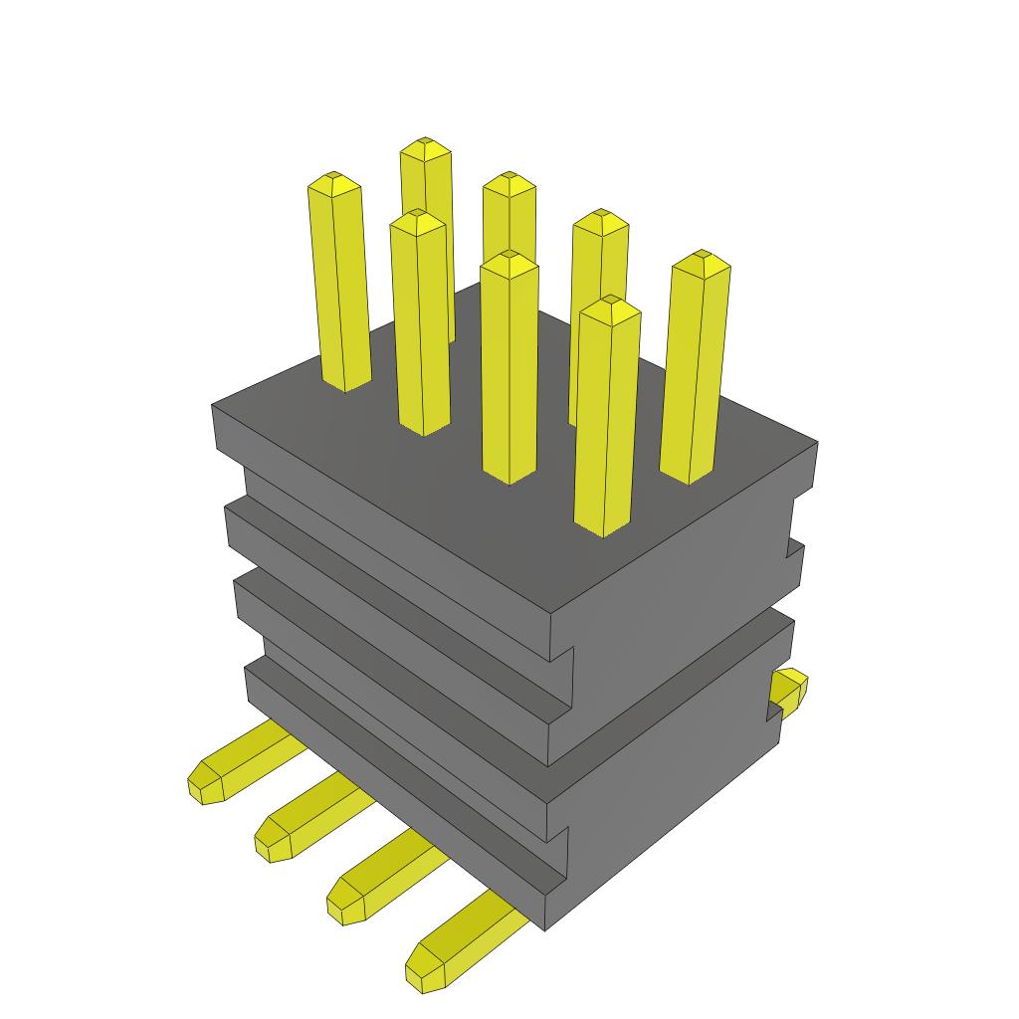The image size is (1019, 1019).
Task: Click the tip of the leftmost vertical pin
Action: [333, 180]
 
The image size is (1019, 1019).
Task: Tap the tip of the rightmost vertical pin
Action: [702, 259]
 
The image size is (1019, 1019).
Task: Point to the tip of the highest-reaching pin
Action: [426, 145]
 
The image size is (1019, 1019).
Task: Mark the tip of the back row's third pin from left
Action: [600, 217]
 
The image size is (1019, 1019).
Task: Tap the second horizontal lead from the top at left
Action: [308, 816]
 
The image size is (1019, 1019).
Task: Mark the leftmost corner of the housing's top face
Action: [214, 405]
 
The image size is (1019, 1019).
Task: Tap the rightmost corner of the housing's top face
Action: [816, 443]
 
